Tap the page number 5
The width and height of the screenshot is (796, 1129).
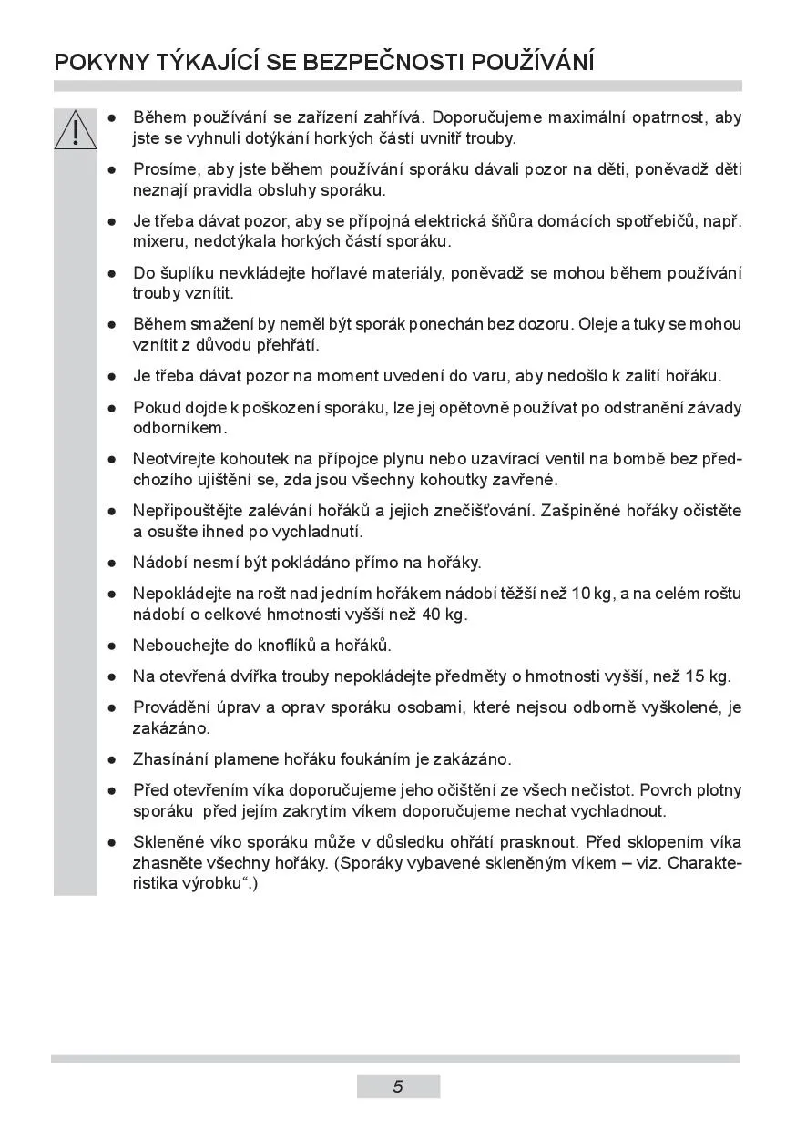coord(398,1086)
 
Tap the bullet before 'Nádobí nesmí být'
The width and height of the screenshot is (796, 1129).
coord(111,564)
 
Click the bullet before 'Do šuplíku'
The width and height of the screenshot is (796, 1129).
coord(111,273)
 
